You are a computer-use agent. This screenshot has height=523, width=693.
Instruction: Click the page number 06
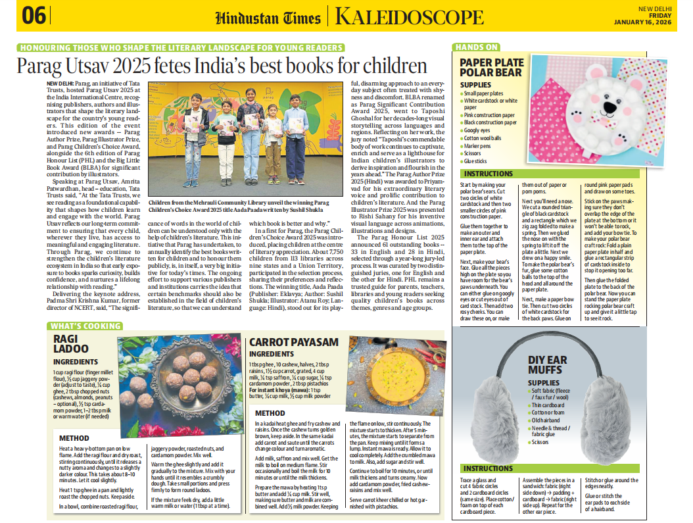[x=34, y=16]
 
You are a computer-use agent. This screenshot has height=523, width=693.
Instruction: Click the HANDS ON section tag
[x=478, y=47]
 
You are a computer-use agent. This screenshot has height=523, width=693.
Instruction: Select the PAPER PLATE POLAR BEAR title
[x=492, y=68]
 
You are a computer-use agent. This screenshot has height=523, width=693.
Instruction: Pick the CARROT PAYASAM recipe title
[x=293, y=343]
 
